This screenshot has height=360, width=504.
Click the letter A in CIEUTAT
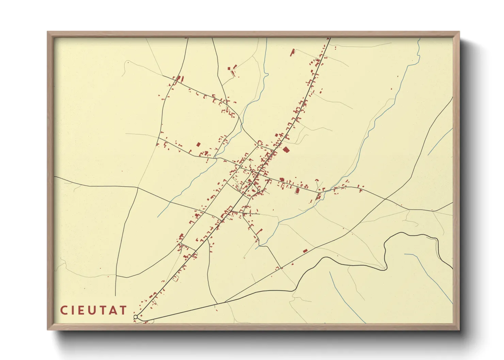113,310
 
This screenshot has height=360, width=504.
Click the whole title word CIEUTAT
94,310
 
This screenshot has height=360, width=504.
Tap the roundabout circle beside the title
136,317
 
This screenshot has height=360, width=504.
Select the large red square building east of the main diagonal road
286,149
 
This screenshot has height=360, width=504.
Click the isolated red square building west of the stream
198,145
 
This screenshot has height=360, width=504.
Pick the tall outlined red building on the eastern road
297,191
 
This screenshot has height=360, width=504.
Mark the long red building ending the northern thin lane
292,52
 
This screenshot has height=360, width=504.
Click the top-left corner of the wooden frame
47,32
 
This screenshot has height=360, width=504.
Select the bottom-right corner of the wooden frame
459,330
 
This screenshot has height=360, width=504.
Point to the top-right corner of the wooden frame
459,32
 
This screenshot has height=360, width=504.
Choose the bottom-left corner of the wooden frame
47,330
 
